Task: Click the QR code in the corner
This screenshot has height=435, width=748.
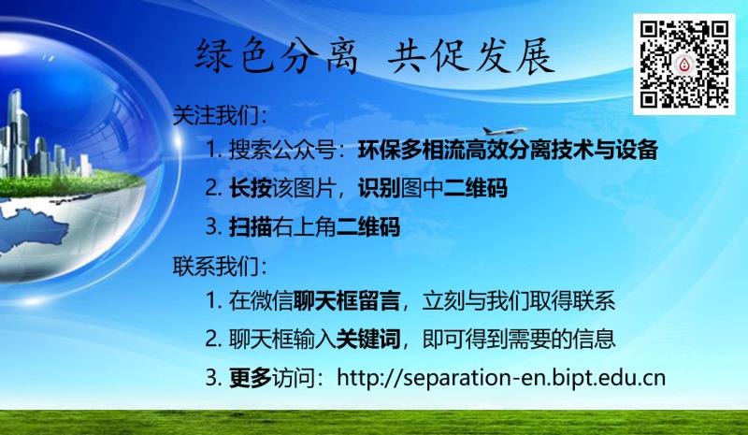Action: coord(684,64)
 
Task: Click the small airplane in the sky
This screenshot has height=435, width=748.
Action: coord(504,130)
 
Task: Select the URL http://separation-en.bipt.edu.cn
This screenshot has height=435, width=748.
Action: coord(501,378)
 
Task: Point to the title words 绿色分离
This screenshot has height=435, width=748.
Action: coord(276,56)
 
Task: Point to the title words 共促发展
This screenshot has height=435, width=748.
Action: coord(471,56)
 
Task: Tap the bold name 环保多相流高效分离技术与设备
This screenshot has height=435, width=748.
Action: coord(508,150)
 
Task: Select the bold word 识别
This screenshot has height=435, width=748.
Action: coord(380,188)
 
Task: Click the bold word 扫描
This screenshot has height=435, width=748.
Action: coord(251,226)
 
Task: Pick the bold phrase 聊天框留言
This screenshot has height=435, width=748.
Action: coord(347,301)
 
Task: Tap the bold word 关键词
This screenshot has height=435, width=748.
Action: coord(368,339)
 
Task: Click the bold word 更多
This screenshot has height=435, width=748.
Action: coord(251,378)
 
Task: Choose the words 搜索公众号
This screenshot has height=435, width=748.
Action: coord(282,150)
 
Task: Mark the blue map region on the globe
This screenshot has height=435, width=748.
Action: coord(31,225)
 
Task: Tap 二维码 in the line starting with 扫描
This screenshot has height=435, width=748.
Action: coord(368,226)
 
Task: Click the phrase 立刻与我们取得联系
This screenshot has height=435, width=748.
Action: coord(519,301)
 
